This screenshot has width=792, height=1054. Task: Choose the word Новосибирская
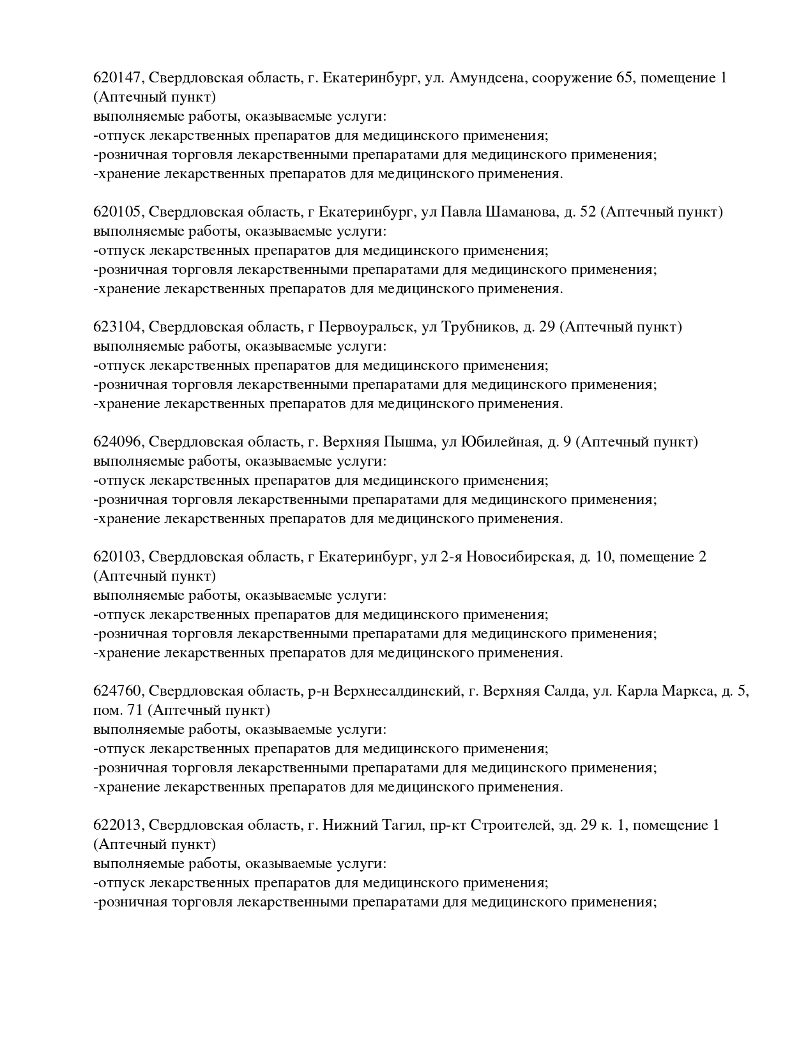click(x=518, y=557)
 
